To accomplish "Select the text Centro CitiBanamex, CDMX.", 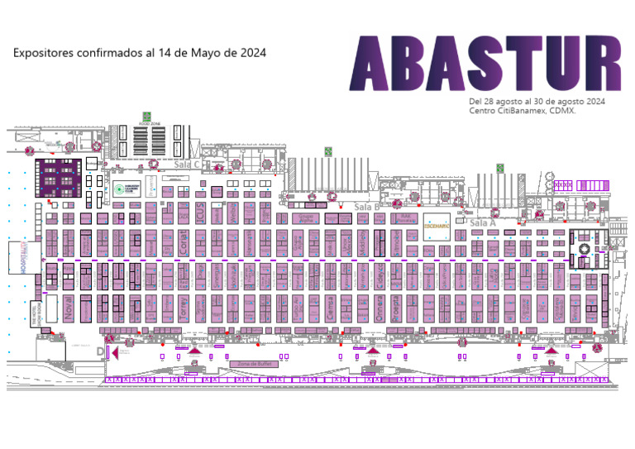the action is [522, 111].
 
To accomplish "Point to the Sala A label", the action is [482, 223].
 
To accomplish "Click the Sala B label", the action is [365, 206].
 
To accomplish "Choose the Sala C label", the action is [189, 165].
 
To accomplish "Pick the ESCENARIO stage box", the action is [436, 225].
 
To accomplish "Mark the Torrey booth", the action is [184, 308].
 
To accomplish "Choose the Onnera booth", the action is [380, 308].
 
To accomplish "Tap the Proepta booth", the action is [396, 308].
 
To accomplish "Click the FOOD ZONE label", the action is [156, 123].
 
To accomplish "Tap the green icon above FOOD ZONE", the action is [146, 115].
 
